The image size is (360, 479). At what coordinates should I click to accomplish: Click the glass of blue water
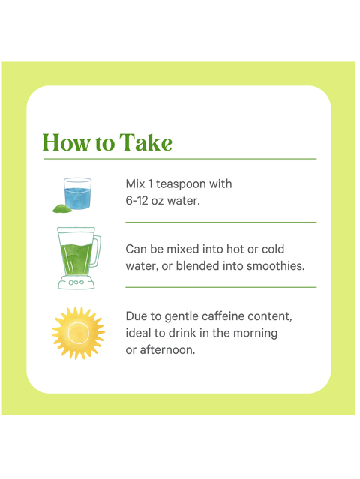77,193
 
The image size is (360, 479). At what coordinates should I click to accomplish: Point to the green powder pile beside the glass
59,207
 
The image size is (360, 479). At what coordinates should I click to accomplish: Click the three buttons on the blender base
76,283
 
